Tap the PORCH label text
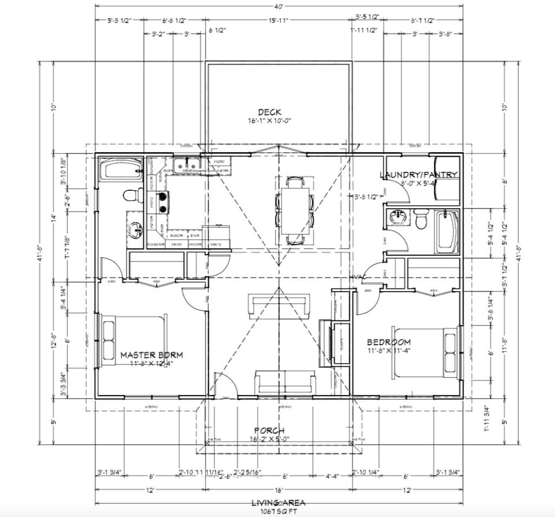[x=269, y=430]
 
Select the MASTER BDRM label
[x=151, y=354]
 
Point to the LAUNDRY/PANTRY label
[x=419, y=175]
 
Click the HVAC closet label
[x=361, y=278]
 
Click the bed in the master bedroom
[x=134, y=338]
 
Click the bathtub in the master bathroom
[x=121, y=169]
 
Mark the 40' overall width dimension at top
[x=279, y=7]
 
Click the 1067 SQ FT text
[x=279, y=511]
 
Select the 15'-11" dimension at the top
[x=278, y=20]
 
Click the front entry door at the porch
[x=223, y=386]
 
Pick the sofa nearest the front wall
[x=286, y=382]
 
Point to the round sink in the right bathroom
[x=398, y=218]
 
